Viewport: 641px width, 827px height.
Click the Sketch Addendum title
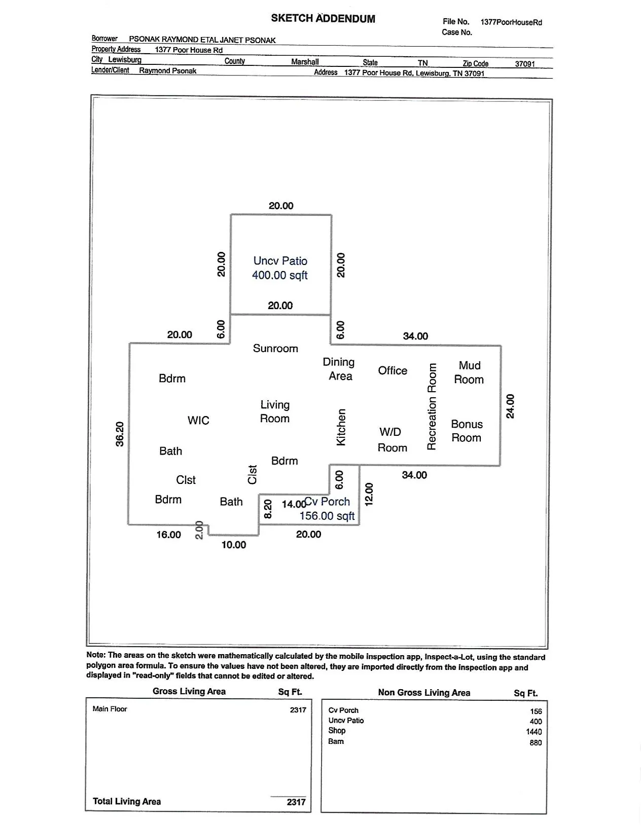[x=323, y=19]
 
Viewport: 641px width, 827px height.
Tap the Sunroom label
[x=275, y=349]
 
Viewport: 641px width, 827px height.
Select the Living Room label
[x=275, y=411]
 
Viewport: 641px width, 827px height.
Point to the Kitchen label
[x=341, y=427]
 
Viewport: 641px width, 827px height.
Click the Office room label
[x=393, y=370]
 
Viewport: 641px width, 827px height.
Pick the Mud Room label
[x=469, y=372]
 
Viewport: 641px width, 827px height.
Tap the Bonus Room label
[x=467, y=431]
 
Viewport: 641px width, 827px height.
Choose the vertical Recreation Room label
[x=432, y=406]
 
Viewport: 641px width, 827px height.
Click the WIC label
[x=198, y=420]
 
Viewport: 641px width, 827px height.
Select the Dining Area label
[x=339, y=369]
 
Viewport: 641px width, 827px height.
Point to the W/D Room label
[x=391, y=439]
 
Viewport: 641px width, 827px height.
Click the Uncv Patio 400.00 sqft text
[x=280, y=268]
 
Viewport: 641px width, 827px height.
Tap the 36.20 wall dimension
[x=120, y=434]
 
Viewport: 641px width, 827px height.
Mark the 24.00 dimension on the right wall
[x=511, y=406]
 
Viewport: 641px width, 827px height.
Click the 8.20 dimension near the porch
[x=268, y=509]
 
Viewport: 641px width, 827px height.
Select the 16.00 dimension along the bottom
[x=168, y=535]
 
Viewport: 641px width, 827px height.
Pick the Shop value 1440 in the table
[x=533, y=732]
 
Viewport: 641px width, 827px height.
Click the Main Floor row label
[x=110, y=709]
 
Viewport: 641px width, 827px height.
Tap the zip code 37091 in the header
[x=525, y=64]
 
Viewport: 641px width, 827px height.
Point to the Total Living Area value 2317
[x=296, y=802]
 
